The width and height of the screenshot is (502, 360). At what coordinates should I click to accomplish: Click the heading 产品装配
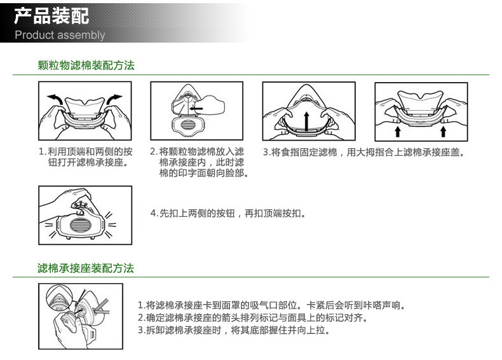coord(51,16)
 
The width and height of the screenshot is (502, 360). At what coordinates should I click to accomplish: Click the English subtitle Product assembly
coord(60,35)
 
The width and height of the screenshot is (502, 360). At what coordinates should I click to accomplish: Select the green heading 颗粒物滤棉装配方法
coord(86,66)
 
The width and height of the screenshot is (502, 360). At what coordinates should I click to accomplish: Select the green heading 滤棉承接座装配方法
coord(86,268)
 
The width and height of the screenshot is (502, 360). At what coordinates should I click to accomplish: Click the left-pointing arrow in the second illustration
coord(196,108)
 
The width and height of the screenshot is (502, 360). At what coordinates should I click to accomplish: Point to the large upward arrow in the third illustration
coord(307,121)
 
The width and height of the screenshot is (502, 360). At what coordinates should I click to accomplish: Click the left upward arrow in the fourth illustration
coord(398,132)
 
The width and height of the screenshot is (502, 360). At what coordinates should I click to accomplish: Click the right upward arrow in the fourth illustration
coord(444,132)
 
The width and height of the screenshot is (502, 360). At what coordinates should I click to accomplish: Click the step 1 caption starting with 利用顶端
coord(86,156)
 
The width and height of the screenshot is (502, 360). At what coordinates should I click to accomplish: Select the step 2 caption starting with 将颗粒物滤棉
coord(199,162)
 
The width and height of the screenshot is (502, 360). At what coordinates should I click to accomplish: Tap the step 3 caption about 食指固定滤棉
coord(363,152)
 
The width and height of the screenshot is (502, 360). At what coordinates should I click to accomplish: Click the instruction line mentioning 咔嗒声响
coord(272,305)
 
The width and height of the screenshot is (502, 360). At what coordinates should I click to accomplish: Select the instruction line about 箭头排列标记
coord(253,317)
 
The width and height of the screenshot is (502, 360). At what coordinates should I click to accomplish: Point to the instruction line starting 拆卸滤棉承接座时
coord(234,330)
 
